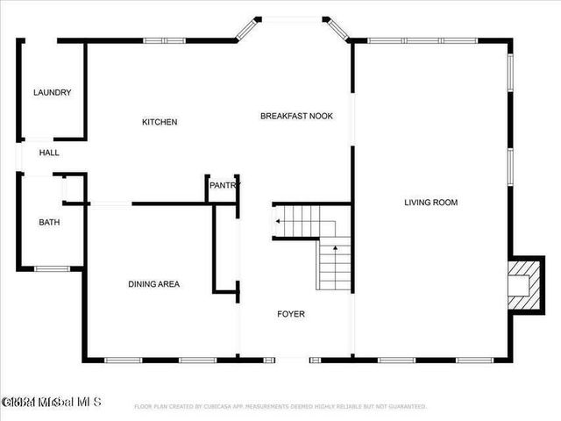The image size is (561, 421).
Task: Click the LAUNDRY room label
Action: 52,93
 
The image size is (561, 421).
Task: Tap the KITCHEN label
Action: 160,122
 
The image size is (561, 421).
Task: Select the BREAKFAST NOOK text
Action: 296,116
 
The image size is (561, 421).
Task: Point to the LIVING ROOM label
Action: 430,203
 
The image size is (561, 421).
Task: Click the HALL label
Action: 49,153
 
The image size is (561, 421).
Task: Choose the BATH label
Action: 49,223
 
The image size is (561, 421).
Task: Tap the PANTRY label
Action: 224,186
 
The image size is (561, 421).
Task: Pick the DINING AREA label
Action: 154,284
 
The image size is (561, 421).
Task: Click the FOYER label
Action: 291,314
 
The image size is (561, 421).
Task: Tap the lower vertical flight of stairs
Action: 334,265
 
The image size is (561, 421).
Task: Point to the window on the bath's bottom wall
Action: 51,268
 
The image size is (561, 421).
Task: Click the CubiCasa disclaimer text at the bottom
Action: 280,407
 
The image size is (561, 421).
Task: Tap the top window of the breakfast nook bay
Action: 291,18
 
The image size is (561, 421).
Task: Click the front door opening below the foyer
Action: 291,359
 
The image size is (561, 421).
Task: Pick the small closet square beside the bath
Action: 74,188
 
